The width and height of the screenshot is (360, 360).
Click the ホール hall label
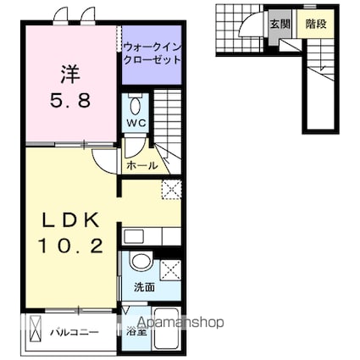141,166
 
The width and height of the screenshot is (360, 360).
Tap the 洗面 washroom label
143,287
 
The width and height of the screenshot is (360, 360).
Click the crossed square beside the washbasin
169,271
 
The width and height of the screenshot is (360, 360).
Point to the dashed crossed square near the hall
170,189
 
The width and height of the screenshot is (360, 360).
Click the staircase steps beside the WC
169,119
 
